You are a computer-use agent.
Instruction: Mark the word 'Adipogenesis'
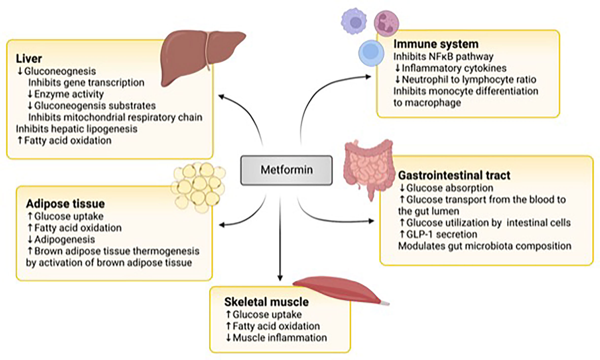62,239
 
